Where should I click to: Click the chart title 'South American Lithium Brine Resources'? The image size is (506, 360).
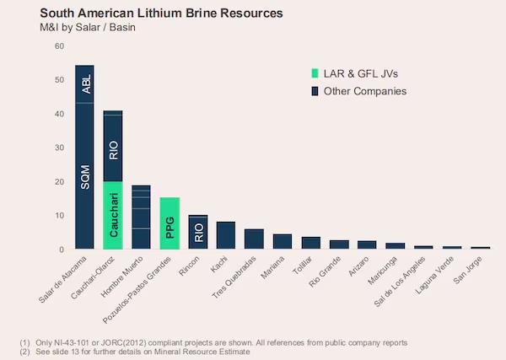pos(161,13)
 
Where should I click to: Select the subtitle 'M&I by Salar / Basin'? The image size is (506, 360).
pos(88,28)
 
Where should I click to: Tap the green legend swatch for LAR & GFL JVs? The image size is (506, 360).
pos(315,74)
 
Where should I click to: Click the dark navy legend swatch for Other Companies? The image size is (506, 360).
pos(315,91)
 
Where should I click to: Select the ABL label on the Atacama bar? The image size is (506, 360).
pos(85,84)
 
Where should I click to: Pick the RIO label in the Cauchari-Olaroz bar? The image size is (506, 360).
pos(113,151)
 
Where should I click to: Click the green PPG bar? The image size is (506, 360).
pos(170,223)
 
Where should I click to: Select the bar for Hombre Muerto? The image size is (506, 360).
pos(141,218)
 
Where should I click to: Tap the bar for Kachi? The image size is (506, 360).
pos(226,236)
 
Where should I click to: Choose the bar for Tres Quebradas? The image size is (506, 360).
pos(254,239)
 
